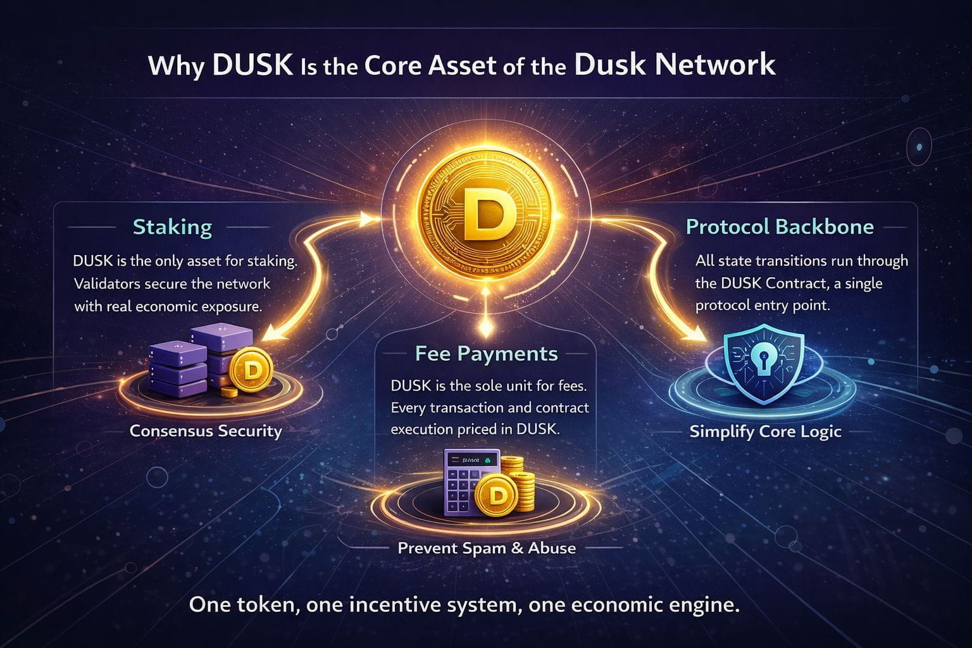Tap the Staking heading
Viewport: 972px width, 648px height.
pyautogui.click(x=172, y=227)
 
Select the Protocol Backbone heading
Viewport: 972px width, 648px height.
pyautogui.click(x=780, y=227)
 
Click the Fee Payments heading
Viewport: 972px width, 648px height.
pyautogui.click(x=486, y=353)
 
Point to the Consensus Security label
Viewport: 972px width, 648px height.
pyautogui.click(x=206, y=431)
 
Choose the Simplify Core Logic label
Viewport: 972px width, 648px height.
pyautogui.click(x=765, y=432)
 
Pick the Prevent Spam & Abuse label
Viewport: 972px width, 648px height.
pyautogui.click(x=487, y=547)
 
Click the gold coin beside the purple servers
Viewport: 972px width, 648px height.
pyautogui.click(x=251, y=371)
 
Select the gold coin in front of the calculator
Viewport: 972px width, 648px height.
pyautogui.click(x=496, y=495)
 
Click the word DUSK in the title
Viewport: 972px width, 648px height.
pyautogui.click(x=252, y=65)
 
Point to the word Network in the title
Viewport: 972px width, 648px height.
pyautogui.click(x=715, y=65)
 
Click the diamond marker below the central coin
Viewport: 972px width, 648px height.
pyautogui.click(x=485, y=328)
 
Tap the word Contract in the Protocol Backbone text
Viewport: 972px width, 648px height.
pyautogui.click(x=799, y=283)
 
